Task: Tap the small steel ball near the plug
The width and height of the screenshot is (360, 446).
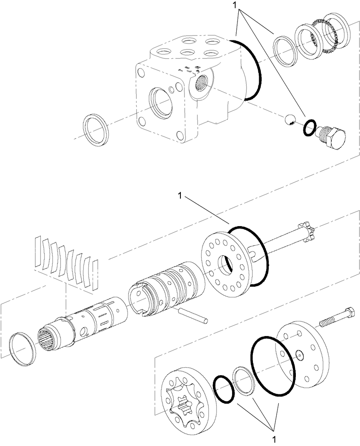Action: click(288, 120)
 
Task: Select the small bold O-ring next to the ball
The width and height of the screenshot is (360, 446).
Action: click(309, 128)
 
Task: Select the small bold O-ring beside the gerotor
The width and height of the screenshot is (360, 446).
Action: click(224, 389)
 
